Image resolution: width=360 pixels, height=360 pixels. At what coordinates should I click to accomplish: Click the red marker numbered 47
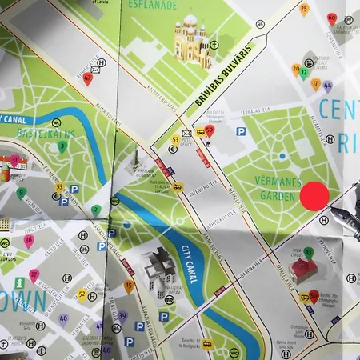[x=87, y=77]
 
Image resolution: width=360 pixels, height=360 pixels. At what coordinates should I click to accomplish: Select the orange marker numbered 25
[x=303, y=10]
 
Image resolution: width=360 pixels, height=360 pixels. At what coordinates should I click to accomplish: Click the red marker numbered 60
[x=331, y=18]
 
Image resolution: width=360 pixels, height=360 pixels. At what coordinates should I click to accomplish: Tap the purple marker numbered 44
[x=327, y=85]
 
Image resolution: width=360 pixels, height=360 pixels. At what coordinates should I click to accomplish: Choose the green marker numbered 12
[x=304, y=74]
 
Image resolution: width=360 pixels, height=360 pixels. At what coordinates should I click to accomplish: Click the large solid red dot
[x=314, y=196]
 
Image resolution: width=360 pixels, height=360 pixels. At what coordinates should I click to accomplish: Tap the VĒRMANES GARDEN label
[x=280, y=189]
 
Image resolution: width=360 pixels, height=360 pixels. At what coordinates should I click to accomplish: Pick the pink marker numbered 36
[x=29, y=240]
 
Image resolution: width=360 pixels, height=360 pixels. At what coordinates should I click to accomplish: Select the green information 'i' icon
[x=18, y=283]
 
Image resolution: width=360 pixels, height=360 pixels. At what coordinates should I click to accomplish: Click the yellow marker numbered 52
[x=82, y=294]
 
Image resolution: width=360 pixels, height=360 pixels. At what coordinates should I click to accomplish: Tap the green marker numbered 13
[x=308, y=253]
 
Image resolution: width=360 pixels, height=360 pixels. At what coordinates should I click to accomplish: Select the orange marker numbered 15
[x=129, y=285]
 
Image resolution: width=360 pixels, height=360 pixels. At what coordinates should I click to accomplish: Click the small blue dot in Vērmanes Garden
[x=282, y=156]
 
